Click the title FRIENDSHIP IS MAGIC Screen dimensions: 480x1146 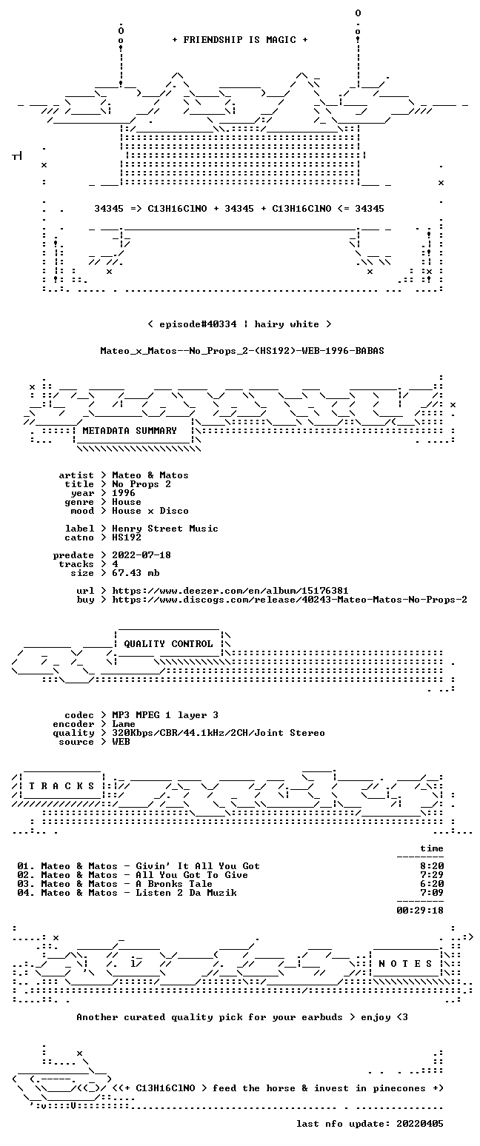(240, 40)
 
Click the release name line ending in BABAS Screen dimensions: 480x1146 (242, 351)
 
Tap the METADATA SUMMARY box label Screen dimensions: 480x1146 (130, 431)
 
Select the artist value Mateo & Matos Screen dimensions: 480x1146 (150, 475)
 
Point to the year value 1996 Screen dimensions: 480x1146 (124, 493)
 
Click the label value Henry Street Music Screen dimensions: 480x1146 (165, 529)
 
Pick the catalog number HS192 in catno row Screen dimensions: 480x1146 (127, 537)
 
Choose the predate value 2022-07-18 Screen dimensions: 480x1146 (141, 555)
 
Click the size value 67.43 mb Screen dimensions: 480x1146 (136, 573)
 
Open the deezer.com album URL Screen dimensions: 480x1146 (230, 591)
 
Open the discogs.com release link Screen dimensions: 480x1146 (290, 600)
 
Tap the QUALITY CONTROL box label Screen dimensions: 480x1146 (168, 644)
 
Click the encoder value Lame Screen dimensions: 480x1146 (124, 724)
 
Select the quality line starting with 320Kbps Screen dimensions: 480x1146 (219, 733)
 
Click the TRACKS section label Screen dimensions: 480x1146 (62, 786)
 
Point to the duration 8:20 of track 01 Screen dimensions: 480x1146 (432, 866)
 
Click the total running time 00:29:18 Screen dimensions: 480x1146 (420, 910)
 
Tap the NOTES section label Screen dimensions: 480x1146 (405, 964)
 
